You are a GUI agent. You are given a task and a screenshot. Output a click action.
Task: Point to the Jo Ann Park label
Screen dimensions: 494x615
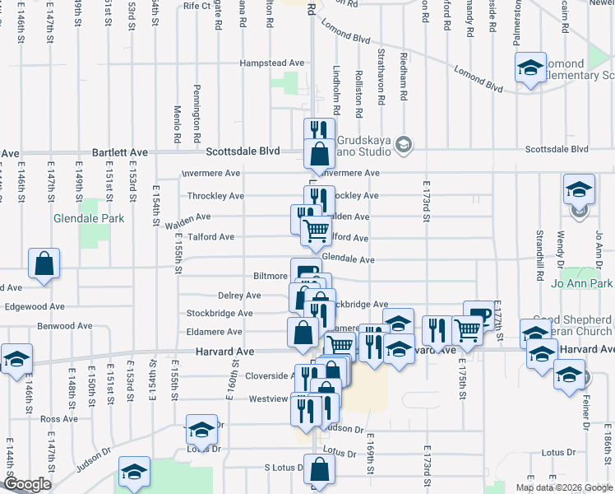(x=584, y=284)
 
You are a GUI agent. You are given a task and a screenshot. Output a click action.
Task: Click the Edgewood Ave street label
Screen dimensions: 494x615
(x=34, y=306)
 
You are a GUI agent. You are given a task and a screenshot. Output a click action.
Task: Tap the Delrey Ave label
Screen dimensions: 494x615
(x=239, y=296)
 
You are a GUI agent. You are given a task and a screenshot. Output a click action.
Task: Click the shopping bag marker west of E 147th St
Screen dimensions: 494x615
(x=44, y=265)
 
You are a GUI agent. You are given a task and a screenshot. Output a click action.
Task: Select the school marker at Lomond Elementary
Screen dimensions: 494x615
(x=531, y=68)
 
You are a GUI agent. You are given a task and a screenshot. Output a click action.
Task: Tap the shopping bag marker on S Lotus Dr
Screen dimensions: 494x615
(x=321, y=470)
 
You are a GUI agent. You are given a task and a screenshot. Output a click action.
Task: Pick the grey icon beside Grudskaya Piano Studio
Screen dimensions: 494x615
(x=403, y=145)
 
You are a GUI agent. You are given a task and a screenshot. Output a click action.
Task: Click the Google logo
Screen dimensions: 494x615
(x=27, y=485)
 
